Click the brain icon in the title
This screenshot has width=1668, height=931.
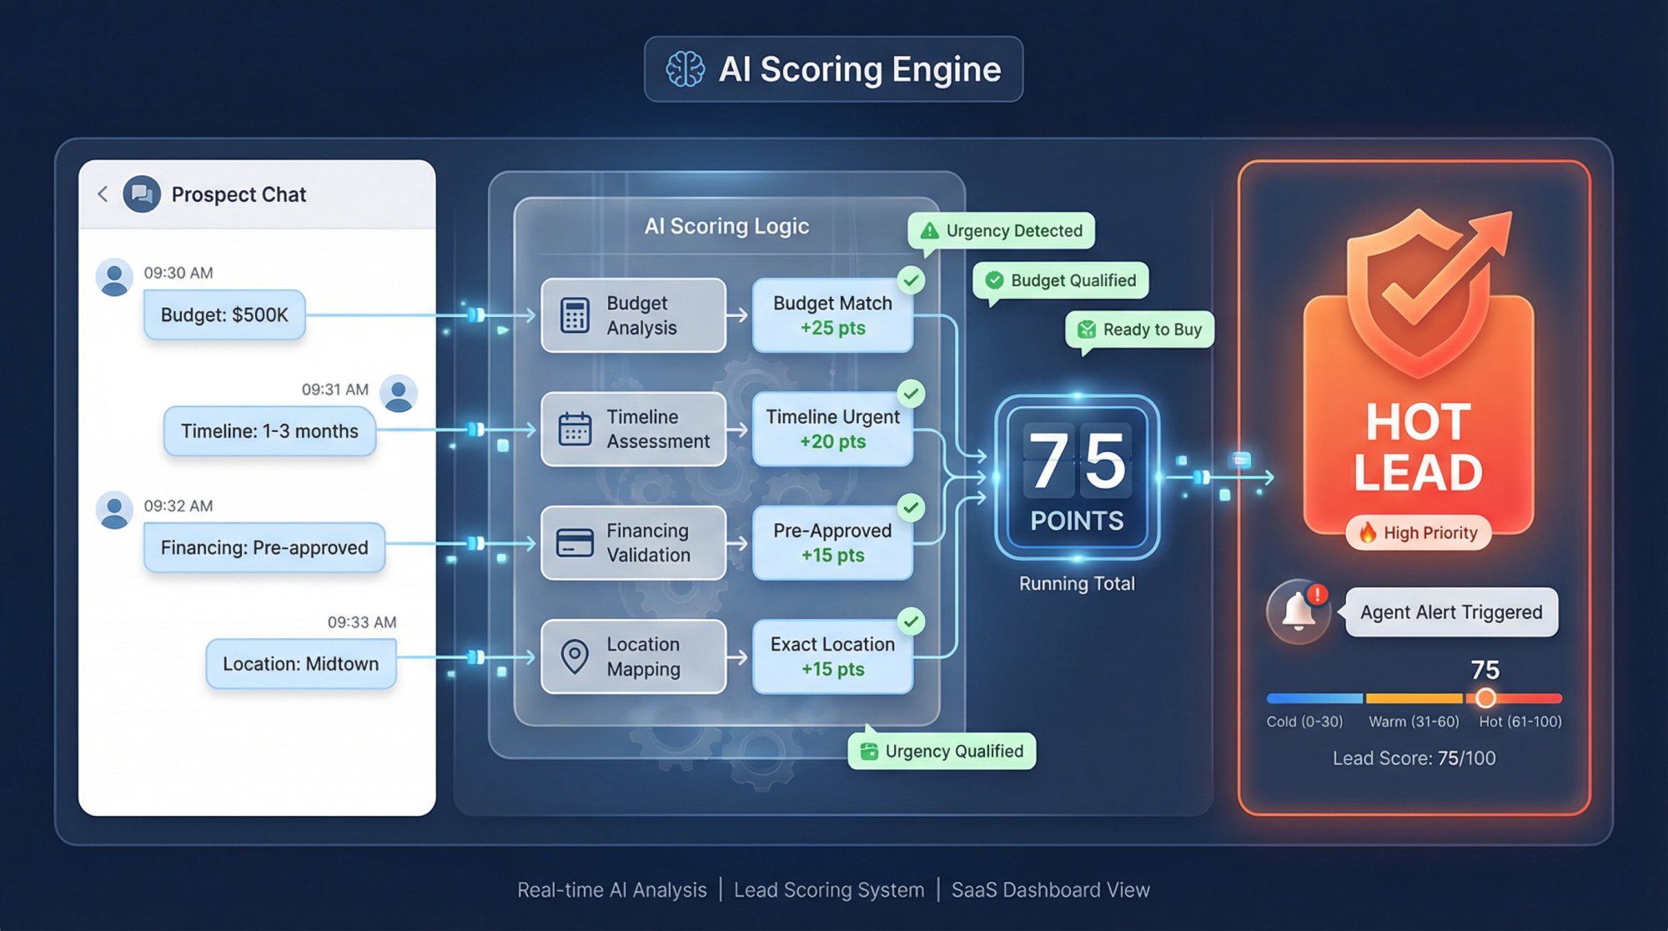click(685, 69)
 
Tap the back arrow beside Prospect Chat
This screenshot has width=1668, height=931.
click(103, 194)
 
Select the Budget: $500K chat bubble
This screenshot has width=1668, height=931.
click(224, 315)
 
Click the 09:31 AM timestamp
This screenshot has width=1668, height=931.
click(334, 390)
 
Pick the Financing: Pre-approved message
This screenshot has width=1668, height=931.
click(264, 547)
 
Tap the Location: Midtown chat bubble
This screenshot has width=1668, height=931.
click(300, 664)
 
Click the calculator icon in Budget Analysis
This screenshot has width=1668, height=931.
click(575, 315)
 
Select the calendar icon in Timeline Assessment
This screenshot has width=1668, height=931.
click(575, 429)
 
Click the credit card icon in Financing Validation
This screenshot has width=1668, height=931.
click(575, 543)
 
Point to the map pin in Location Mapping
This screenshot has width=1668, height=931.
click(575, 657)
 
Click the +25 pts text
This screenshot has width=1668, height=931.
click(832, 329)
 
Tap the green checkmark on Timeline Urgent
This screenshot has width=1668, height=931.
click(912, 393)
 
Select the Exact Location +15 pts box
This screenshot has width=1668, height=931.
click(832, 657)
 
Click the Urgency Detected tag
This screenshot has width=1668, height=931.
click(1001, 231)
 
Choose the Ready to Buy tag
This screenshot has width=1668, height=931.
click(1139, 330)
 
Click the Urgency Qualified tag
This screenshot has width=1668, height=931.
click(942, 752)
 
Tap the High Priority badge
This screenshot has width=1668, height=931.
click(1418, 533)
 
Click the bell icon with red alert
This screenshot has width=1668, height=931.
click(1298, 612)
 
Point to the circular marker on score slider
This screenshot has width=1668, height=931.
click(1485, 698)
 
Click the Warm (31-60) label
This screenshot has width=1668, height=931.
click(1414, 722)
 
